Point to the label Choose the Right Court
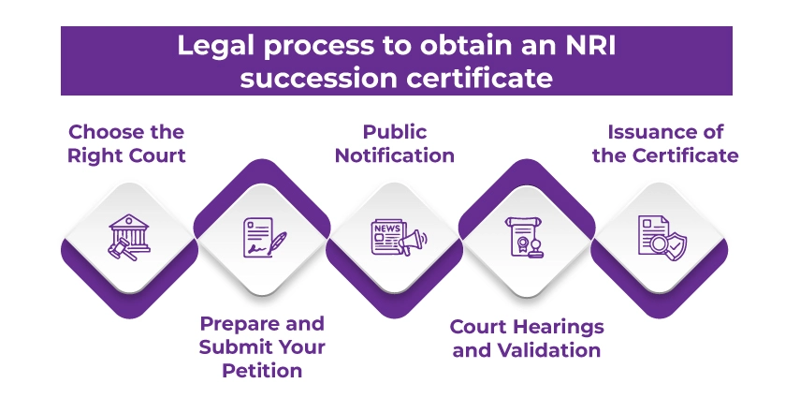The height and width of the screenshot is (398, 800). pyautogui.click(x=126, y=143)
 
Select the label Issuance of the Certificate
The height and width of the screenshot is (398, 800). pyautogui.click(x=665, y=143)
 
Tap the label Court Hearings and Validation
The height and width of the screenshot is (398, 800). pyautogui.click(x=526, y=339)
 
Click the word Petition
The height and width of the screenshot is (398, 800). pyautogui.click(x=262, y=371)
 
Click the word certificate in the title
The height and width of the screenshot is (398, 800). pyautogui.click(x=477, y=77)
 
